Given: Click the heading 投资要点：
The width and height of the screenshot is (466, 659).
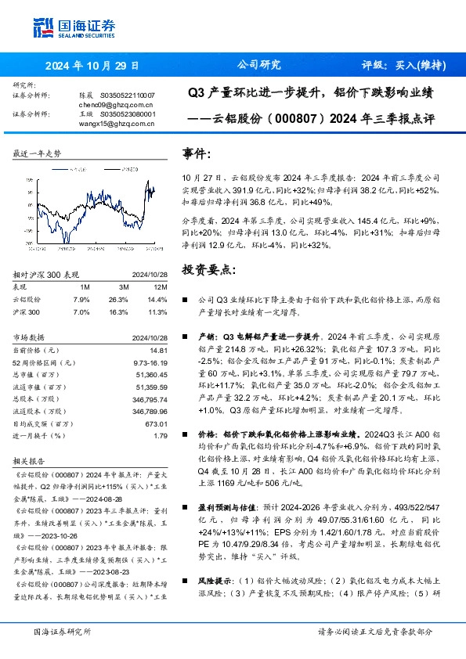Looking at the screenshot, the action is tap(208, 269).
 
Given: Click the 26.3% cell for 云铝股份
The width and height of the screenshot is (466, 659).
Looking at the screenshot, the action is tap(118, 300).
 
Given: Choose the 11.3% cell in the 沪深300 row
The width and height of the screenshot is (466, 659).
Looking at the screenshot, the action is tap(158, 312).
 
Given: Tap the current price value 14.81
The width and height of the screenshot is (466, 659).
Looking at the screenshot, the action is tap(161, 350).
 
